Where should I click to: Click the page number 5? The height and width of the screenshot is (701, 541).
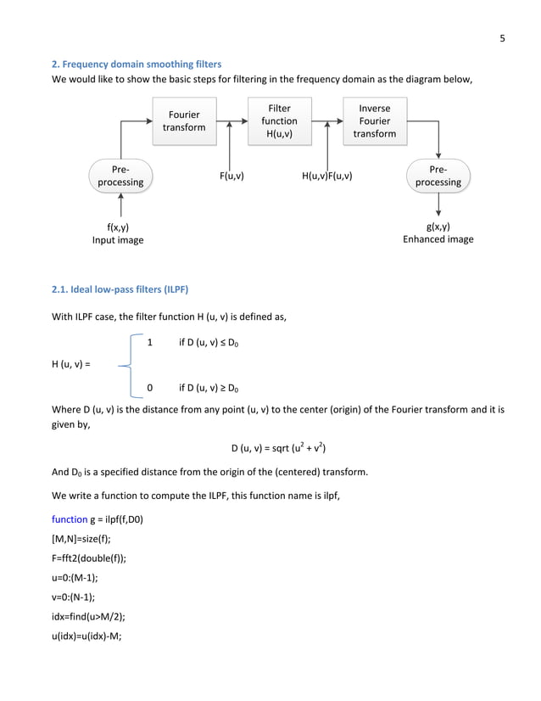click(502, 37)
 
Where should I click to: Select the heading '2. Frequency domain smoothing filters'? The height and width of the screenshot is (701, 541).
click(137, 64)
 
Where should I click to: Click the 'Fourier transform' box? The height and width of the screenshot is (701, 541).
click(184, 121)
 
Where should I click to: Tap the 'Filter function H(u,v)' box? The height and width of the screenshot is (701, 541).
click(279, 121)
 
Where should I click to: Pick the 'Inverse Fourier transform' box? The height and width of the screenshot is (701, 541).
click(374, 121)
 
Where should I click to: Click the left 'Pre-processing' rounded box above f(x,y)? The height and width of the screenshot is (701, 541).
click(120, 176)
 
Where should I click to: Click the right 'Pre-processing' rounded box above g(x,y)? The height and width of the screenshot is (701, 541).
click(438, 176)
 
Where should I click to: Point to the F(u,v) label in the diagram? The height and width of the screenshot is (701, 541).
click(231, 177)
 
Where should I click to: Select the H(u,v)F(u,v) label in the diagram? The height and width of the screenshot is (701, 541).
click(327, 177)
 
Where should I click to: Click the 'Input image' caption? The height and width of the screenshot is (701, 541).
click(118, 240)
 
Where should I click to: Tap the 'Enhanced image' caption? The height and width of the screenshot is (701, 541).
click(438, 240)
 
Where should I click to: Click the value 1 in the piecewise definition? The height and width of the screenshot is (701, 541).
click(150, 343)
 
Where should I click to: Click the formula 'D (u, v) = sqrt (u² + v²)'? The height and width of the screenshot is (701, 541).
click(279, 448)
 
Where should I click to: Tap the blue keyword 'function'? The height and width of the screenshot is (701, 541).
click(70, 519)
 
